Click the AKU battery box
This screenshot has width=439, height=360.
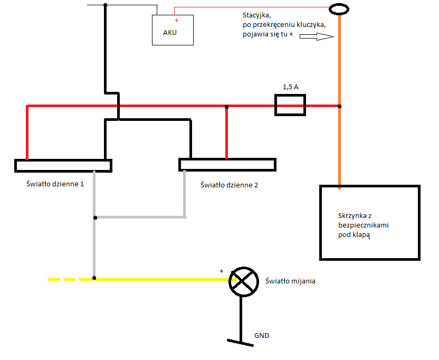173,30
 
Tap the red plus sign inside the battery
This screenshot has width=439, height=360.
176,21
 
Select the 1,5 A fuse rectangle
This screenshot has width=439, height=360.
290,105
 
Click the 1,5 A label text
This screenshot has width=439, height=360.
290,87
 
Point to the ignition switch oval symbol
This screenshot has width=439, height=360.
339,9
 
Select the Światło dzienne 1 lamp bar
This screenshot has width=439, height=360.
63,165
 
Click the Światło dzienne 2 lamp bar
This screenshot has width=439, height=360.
227,164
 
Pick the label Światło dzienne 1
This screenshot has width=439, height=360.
55,184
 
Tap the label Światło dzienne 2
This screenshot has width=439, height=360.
230,185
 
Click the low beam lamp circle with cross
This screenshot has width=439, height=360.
242,280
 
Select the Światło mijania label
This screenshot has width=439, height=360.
291,281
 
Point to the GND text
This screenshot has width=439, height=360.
262,335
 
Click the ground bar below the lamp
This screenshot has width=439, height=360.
240,342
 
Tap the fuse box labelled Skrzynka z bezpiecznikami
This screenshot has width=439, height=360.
370,222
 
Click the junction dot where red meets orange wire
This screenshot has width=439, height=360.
339,106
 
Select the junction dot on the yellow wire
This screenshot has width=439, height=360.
94,278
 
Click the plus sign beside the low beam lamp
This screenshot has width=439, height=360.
221,271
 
